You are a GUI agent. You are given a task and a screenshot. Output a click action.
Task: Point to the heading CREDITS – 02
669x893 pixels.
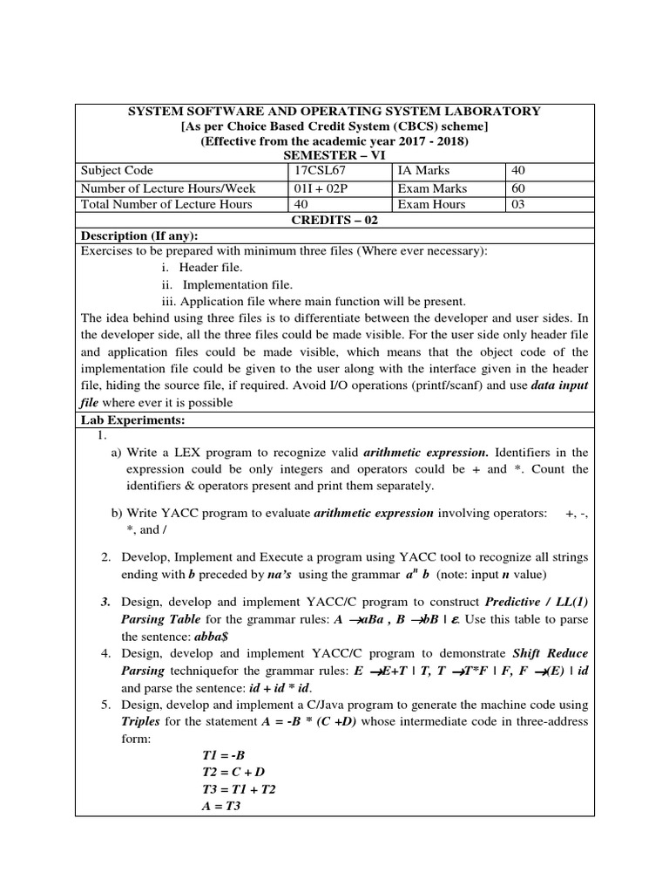pyautogui.click(x=334, y=220)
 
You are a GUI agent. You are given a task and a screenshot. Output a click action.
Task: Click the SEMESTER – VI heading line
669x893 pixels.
pyautogui.click(x=334, y=154)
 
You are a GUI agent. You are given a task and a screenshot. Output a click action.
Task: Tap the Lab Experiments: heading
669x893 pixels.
pyautogui.click(x=133, y=420)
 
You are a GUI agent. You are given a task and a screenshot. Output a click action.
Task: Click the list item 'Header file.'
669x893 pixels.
pyautogui.click(x=211, y=268)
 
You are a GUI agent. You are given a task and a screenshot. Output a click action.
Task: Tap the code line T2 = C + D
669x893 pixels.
pyautogui.click(x=226, y=773)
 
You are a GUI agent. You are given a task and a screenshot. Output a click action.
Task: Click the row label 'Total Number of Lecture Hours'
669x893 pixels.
pyautogui.click(x=166, y=205)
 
